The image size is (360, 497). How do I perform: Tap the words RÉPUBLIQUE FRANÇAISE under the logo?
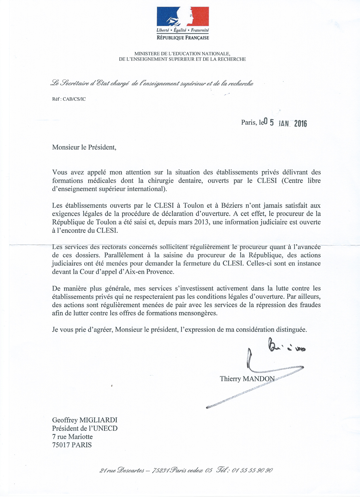pos(183,38)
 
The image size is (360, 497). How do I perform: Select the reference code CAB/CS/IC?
pos(74,99)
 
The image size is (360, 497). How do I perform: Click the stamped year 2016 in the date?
pos(300,124)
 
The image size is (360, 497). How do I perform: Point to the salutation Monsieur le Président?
pos(84,147)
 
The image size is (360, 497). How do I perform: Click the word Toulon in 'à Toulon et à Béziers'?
pos(193,206)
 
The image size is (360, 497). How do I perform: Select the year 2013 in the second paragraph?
pos(201,222)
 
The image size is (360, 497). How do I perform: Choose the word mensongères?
pos(198,313)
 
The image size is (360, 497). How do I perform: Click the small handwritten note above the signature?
pos(286,346)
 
